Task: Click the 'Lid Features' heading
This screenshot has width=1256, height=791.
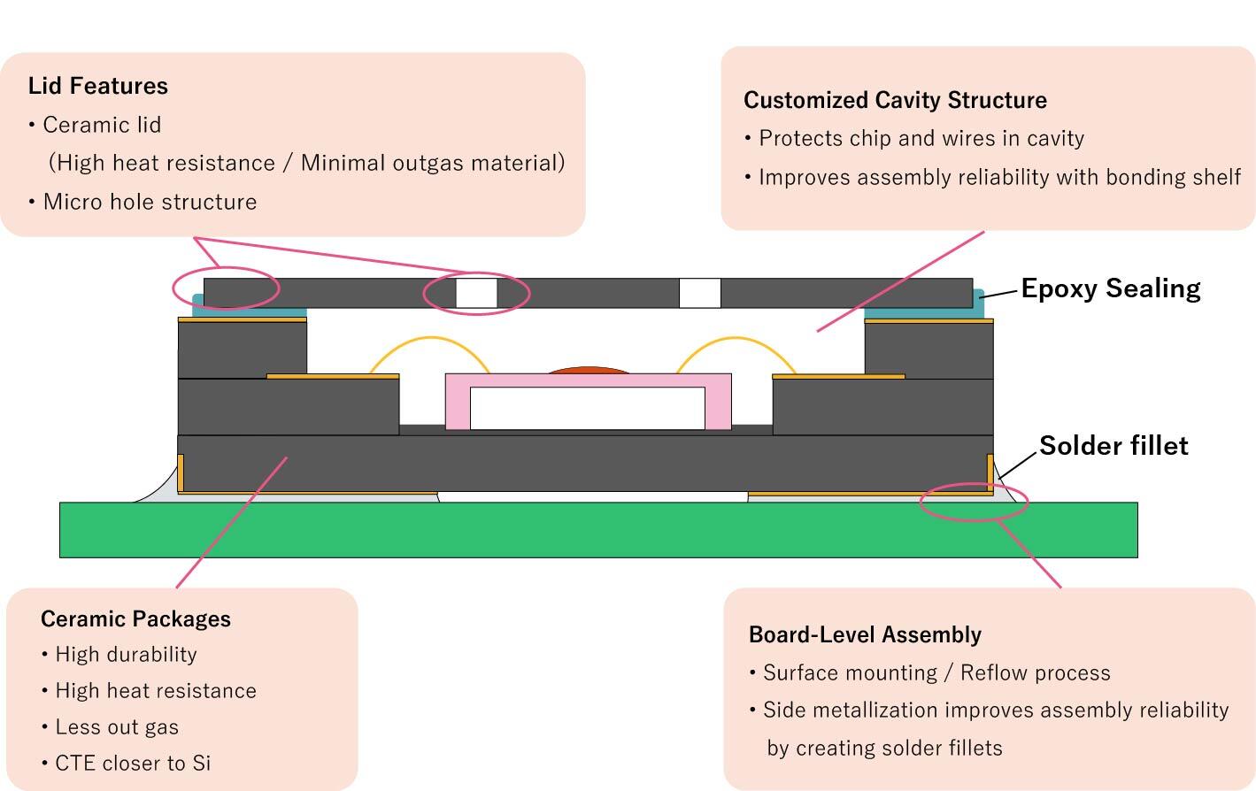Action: (98, 86)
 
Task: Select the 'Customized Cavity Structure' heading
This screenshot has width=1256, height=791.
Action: (895, 100)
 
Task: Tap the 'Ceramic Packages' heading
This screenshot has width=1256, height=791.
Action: (135, 618)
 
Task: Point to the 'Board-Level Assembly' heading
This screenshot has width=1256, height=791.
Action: (865, 634)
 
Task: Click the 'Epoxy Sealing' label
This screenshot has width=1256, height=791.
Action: (1111, 288)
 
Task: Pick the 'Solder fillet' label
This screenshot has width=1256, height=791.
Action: (1113, 445)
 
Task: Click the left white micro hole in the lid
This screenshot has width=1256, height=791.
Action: (476, 293)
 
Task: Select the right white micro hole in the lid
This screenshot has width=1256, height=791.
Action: (699, 293)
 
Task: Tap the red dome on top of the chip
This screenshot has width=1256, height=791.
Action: (589, 370)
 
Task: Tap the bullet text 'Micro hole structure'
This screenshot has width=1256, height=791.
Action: (150, 202)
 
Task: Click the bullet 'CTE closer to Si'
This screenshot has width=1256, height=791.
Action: (133, 763)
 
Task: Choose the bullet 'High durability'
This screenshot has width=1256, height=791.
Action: (126, 655)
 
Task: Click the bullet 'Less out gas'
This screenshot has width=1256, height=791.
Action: (117, 727)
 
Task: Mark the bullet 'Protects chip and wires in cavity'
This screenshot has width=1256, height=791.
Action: (921, 138)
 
